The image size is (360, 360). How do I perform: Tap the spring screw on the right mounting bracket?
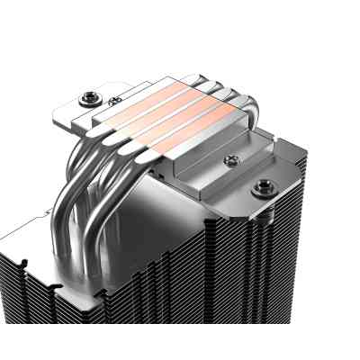pos(264,186)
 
